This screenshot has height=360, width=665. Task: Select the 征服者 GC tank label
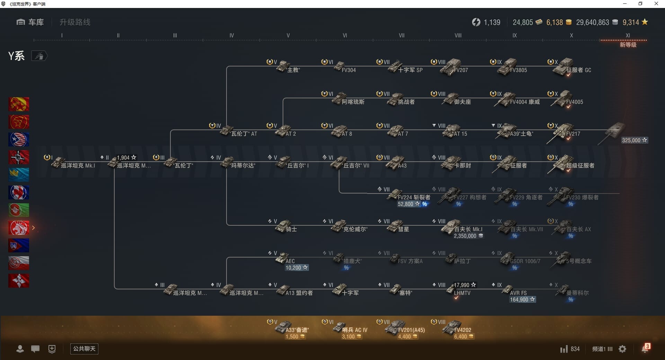pos(578,70)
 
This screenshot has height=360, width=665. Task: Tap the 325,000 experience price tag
pos(634,140)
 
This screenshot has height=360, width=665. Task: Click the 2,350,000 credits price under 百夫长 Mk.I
pos(468,236)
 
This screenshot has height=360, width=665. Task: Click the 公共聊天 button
pos(84,349)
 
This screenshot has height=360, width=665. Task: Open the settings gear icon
pos(622,349)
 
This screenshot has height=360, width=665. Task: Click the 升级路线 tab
pos(75,22)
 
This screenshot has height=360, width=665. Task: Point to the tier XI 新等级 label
pos(628,45)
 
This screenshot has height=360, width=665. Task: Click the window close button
pos(656,4)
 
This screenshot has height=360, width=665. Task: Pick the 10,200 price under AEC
pos(296,268)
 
